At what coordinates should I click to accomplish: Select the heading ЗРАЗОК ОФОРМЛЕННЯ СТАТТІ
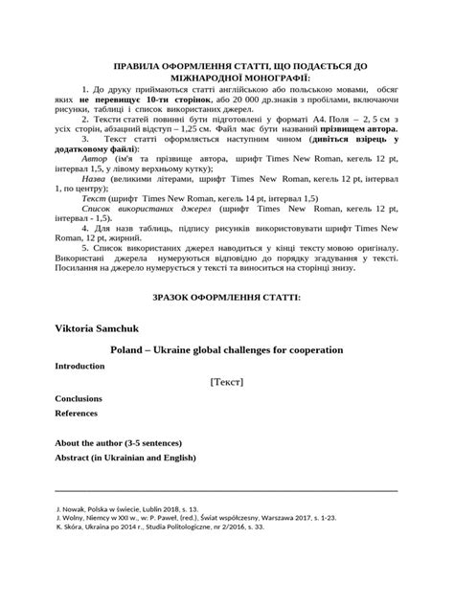[x=226, y=298]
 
